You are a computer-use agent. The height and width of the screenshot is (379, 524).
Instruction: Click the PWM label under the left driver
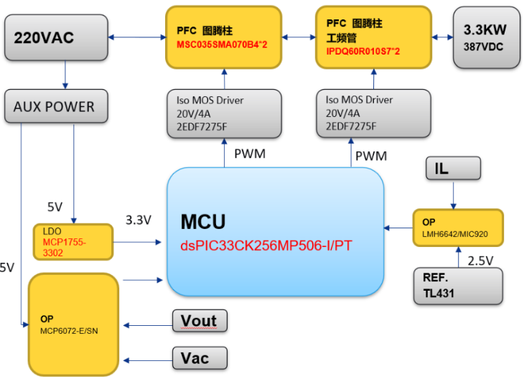[x=249, y=154]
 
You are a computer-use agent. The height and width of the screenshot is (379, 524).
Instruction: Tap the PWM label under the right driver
[x=371, y=156]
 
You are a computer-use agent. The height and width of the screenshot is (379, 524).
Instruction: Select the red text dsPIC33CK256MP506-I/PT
[x=266, y=245]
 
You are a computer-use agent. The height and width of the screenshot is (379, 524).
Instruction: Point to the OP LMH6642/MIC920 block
[x=457, y=228]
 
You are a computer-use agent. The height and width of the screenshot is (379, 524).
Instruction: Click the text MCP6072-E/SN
[x=68, y=329]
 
